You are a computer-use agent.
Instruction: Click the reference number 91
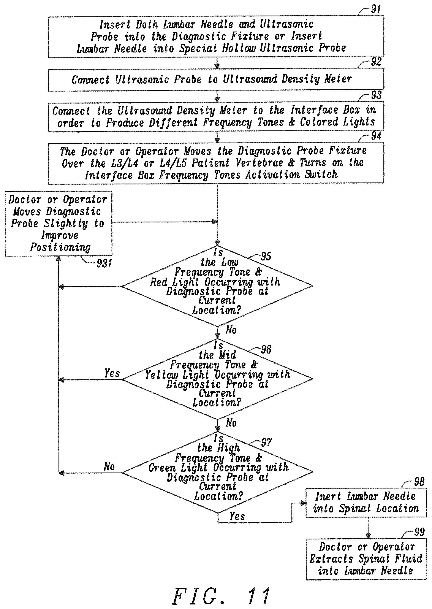coord(376,9)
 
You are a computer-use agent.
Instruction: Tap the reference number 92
coord(376,62)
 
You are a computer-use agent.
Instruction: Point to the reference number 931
coord(104,263)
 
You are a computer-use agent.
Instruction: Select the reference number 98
coord(419,482)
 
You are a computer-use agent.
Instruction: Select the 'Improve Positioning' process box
coord(59,224)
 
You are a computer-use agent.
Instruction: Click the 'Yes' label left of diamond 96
coord(112,373)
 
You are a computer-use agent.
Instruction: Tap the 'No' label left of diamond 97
coord(109,466)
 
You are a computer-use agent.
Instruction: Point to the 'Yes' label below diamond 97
coord(237,516)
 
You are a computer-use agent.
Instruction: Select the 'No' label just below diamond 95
coord(231,330)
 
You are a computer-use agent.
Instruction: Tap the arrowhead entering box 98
coord(303,503)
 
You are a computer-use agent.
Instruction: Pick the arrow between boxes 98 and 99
coord(368,528)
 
